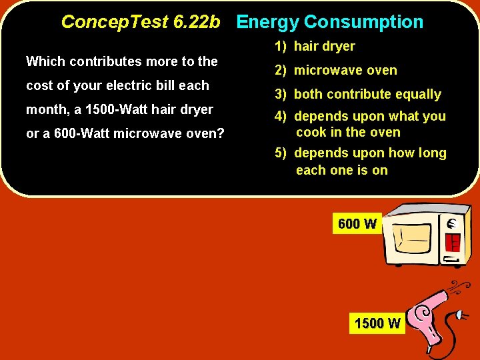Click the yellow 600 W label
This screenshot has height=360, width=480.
(357, 224)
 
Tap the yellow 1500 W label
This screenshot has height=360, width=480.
(378, 324)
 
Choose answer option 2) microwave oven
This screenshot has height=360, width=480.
(336, 70)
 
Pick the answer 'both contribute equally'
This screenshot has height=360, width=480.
(358, 94)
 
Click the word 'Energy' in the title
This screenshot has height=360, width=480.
(267, 22)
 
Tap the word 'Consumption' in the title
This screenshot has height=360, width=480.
(363, 22)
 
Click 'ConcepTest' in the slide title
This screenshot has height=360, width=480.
(114, 22)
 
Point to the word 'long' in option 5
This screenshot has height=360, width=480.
(431, 153)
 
